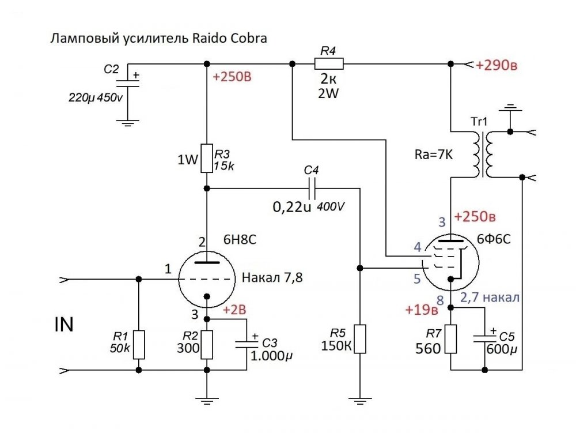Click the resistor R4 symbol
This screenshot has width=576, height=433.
(x=328, y=63)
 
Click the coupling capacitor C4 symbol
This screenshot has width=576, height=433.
(x=312, y=188)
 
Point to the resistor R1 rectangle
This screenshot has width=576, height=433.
(x=138, y=344)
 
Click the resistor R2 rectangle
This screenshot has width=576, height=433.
(x=207, y=344)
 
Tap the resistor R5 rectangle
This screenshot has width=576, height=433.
(x=359, y=339)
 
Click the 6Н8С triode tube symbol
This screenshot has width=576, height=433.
(x=207, y=279)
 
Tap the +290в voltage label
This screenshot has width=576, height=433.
(x=497, y=65)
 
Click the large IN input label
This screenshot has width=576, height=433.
(x=64, y=325)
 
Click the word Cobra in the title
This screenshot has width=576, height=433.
(x=247, y=39)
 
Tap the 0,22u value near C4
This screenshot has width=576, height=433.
(x=293, y=206)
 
